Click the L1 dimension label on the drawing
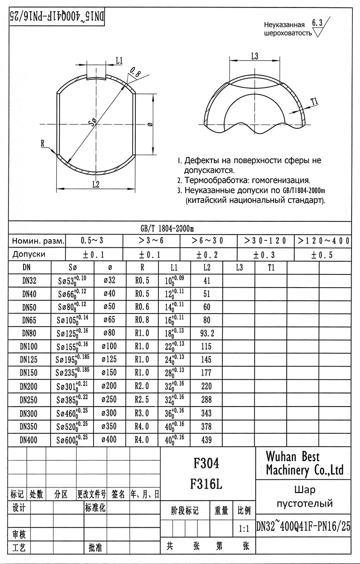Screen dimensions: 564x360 [119, 60]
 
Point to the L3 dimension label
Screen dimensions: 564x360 [255, 56]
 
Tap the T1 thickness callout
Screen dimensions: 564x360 [314, 100]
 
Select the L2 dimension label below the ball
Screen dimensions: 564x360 [95, 184]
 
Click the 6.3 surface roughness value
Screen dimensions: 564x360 [317, 23]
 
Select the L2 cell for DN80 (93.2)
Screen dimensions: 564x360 [207, 334]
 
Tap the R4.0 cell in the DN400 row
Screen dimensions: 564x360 [142, 440]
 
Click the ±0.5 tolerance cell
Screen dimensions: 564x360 [322, 254]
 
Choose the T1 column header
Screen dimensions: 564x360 [271, 267]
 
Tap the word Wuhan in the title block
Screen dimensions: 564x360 [281, 456]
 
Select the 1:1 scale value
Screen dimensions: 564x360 [244, 528]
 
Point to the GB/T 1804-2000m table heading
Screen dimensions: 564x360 [167, 228]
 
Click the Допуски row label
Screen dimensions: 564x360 [29, 254]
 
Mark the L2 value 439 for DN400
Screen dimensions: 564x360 [207, 440]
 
